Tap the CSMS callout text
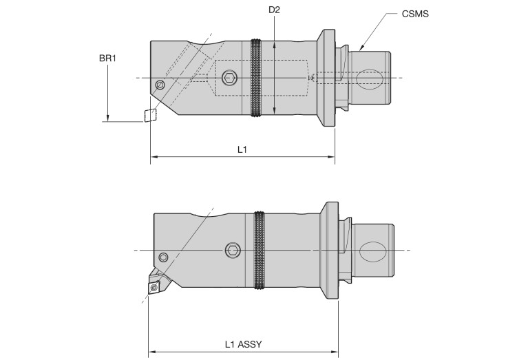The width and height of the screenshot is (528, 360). [x=415, y=13]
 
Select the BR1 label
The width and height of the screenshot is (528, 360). [x=107, y=59]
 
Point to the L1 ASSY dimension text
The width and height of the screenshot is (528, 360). [x=243, y=343]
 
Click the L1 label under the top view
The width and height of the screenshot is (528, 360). [x=242, y=149]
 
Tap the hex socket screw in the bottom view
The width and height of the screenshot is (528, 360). [x=234, y=250]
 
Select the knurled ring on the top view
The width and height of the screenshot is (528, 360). [x=257, y=78]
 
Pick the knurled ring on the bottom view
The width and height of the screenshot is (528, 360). [x=260, y=250]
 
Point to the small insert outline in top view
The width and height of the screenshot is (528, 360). [x=149, y=114]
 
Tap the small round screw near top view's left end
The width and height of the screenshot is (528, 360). [x=160, y=85]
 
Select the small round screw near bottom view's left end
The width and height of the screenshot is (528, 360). [x=163, y=257]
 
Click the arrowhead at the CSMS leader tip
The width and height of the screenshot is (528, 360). [x=361, y=49]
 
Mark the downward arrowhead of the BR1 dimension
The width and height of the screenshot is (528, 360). [x=107, y=118]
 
